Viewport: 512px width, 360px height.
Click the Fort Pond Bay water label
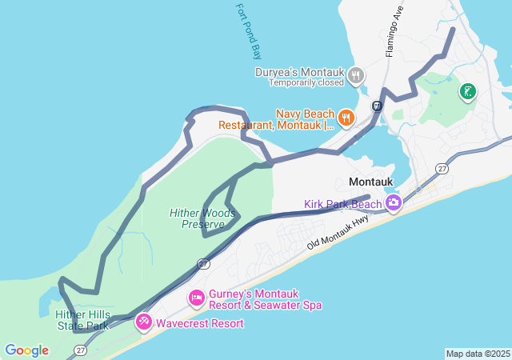[250, 32]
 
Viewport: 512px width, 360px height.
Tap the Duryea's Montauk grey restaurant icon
[356, 77]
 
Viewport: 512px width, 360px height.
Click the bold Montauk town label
[370, 182]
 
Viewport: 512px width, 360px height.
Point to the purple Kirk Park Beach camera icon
[393, 203]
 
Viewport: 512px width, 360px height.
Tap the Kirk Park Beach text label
[342, 204]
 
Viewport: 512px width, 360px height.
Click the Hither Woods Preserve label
[202, 218]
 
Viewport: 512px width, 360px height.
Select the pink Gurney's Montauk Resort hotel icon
[196, 298]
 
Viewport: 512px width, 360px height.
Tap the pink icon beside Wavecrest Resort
[144, 322]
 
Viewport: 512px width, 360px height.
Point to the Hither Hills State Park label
[82, 320]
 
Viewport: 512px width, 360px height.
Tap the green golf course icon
[467, 92]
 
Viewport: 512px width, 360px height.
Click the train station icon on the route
[376, 105]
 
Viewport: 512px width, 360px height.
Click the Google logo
[26, 350]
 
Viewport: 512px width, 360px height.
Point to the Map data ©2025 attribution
[478, 354]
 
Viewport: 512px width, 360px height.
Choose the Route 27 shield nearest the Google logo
[80, 350]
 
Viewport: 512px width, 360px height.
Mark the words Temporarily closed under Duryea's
[306, 82]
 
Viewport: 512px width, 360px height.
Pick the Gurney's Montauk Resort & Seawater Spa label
[265, 299]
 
